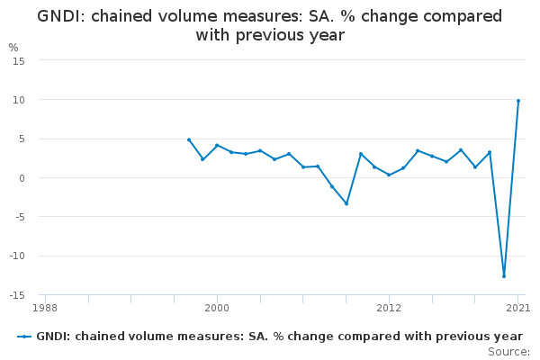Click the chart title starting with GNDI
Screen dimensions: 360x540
pos(270,26)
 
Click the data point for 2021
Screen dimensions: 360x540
pos(518,101)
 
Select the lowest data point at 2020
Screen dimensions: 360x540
pos(504,275)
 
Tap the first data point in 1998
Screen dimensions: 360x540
pos(188,139)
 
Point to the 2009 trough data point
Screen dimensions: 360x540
pos(346,203)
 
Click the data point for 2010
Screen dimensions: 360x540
pos(360,154)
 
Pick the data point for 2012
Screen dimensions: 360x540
pos(389,175)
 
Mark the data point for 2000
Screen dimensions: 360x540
pos(217,145)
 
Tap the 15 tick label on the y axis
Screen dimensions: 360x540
pos(19,60)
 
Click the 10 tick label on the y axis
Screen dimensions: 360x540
pos(19,99)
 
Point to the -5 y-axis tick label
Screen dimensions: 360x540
pos(18,217)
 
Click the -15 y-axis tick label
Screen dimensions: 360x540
pos(16,295)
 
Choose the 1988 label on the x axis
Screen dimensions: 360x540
pos(44,309)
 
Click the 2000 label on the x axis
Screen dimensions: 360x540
pos(217,309)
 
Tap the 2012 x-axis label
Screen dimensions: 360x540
pos(389,309)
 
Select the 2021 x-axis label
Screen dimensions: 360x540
pos(517,309)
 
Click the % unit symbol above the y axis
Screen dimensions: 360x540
pos(13,47)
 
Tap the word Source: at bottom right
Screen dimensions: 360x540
pos(508,351)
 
